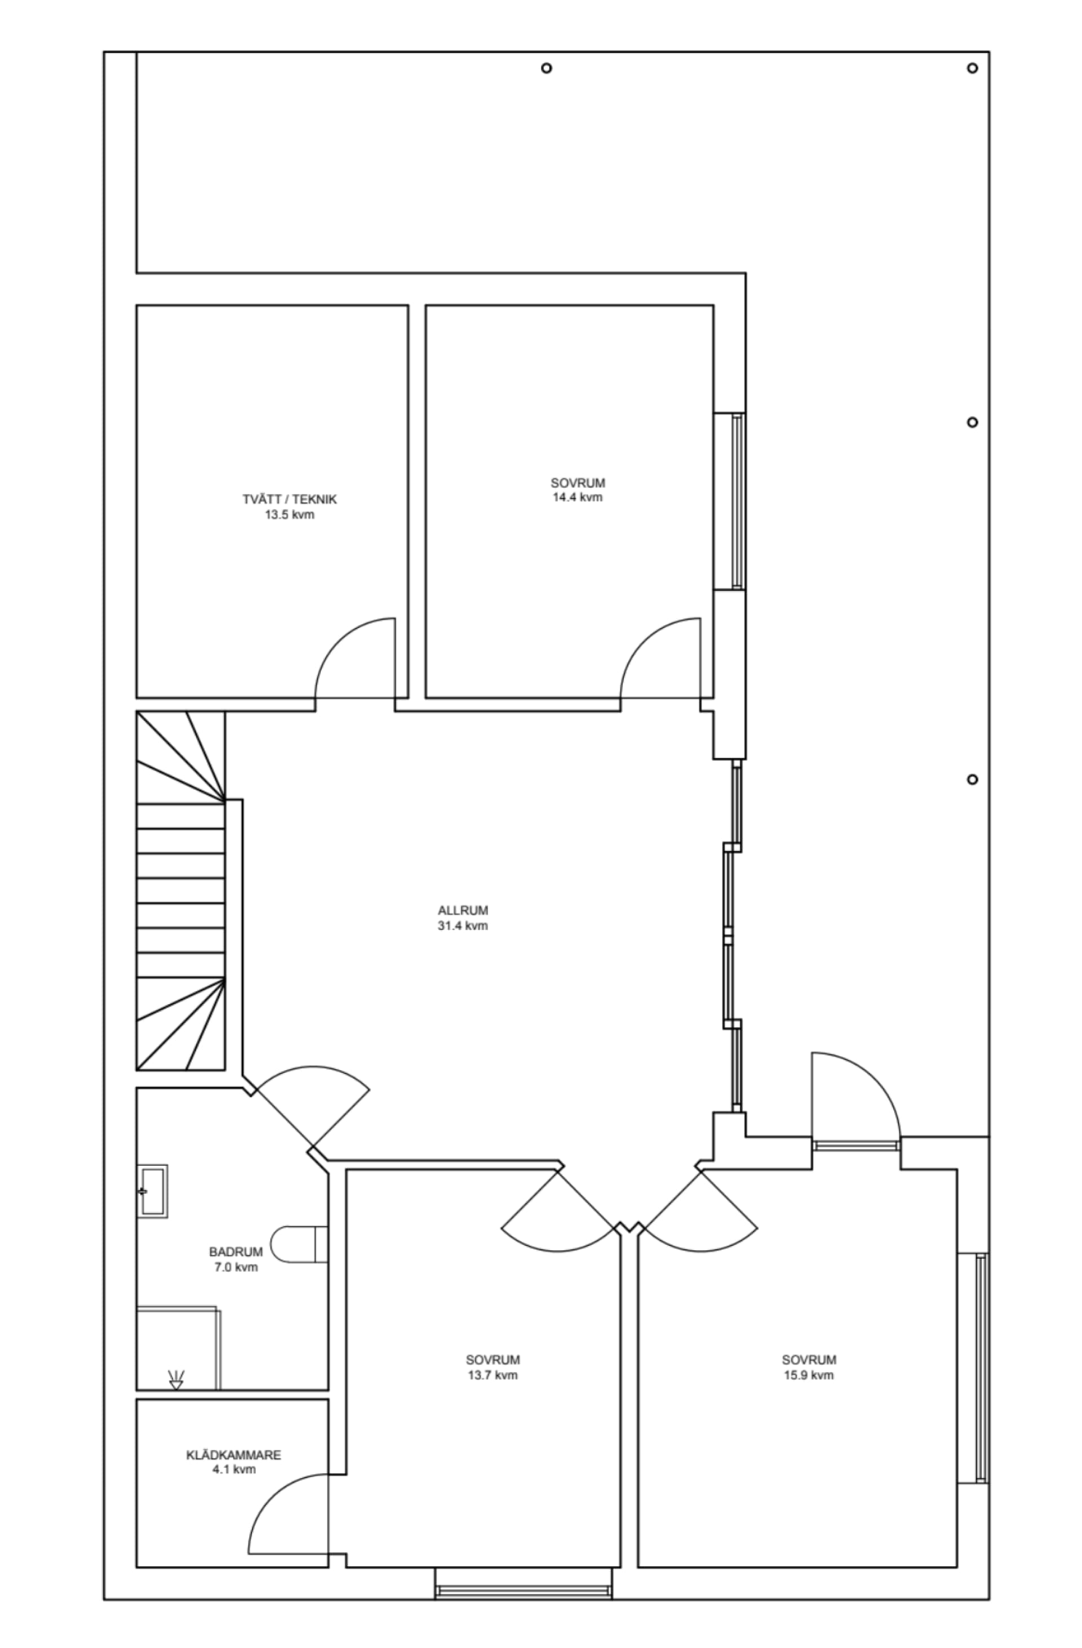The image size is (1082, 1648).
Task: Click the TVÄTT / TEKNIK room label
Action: tap(289, 499)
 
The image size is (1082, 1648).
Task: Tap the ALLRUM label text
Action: tap(462, 911)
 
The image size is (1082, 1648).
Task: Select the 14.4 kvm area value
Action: tap(577, 497)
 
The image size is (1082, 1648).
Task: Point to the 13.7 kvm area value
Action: tap(493, 1375)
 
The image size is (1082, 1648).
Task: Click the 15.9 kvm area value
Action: tap(808, 1375)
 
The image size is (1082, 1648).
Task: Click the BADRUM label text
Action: tap(236, 1252)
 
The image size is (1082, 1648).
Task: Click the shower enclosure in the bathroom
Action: tap(178, 1347)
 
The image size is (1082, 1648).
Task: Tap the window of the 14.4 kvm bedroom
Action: tap(737, 501)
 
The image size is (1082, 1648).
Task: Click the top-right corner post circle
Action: tap(972, 68)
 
